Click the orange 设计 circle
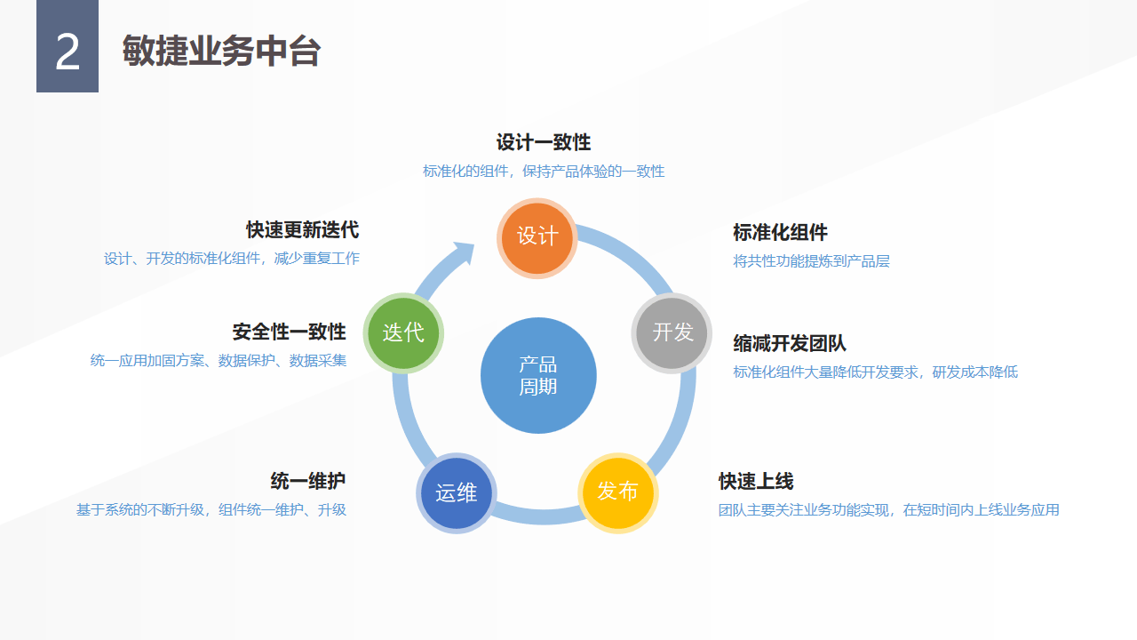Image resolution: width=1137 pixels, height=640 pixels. pos(537,236)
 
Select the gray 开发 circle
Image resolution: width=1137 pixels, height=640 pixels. pos(672,332)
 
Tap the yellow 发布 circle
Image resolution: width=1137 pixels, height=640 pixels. pos(618,492)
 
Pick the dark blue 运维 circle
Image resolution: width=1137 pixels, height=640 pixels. pos(457,493)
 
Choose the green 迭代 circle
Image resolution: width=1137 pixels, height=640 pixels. pos(403,332)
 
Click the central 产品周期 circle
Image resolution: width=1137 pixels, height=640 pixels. pos(538,375)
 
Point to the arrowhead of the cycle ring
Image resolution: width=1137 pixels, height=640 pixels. pos(463,252)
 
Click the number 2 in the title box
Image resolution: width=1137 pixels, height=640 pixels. pos(68,53)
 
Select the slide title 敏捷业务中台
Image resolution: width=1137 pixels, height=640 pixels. pos(221,52)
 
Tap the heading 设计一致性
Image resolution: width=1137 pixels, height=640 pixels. pos(544,142)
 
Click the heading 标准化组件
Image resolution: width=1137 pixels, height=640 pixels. pos(780,233)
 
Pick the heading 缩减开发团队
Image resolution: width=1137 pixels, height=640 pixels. pos(790,344)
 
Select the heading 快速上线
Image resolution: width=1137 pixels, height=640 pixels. pos(756,482)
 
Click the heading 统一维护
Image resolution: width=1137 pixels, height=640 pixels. pos(308,482)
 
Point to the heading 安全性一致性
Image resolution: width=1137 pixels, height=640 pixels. pos(290,332)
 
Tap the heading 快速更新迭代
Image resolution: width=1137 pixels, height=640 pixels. pos(303,230)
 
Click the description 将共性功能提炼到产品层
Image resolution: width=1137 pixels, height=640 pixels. pos(811,261)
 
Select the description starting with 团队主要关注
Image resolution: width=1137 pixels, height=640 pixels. pos(888,510)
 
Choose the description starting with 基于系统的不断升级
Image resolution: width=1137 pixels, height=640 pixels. pos(211,510)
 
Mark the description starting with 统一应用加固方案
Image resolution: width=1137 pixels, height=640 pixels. pos(219,361)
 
